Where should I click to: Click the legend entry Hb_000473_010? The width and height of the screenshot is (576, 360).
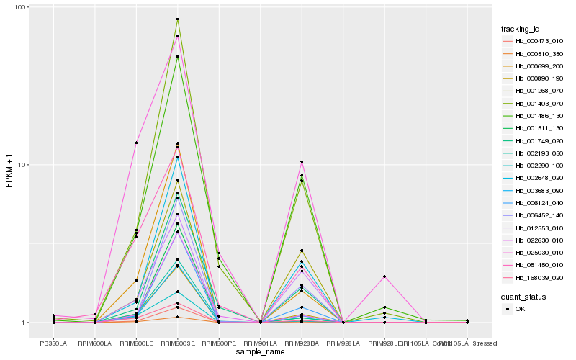point(534,41)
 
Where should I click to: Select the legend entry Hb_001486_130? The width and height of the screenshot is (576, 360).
point(534,116)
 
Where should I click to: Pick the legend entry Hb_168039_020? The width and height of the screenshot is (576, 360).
point(534,278)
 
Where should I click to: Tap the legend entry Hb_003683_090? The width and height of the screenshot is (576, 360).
point(534,191)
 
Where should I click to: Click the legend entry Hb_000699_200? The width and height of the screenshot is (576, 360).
point(534,66)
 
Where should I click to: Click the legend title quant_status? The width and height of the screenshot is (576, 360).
point(524,296)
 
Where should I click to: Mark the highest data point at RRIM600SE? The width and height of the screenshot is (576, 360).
point(177,19)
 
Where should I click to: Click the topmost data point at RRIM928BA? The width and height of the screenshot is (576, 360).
point(302,161)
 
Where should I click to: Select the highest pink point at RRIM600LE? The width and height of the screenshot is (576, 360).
point(136,143)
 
